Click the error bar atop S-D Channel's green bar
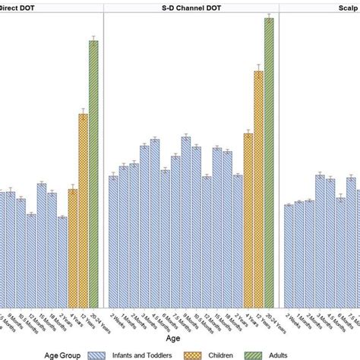click(269, 17)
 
